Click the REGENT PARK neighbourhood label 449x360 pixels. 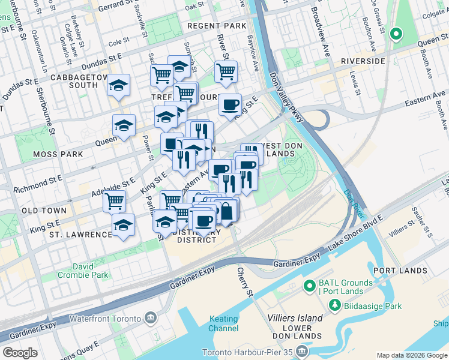point(216,26)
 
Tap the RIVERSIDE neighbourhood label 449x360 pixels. point(362,61)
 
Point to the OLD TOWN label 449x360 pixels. point(44,211)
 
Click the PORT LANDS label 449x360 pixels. point(400,271)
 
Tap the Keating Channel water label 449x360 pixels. point(223,324)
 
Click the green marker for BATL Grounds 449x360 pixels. point(310,285)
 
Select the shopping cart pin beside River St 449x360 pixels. point(226,71)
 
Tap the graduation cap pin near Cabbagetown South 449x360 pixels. point(119,85)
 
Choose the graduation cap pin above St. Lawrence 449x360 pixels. point(123,225)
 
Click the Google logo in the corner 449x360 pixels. point(20,353)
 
